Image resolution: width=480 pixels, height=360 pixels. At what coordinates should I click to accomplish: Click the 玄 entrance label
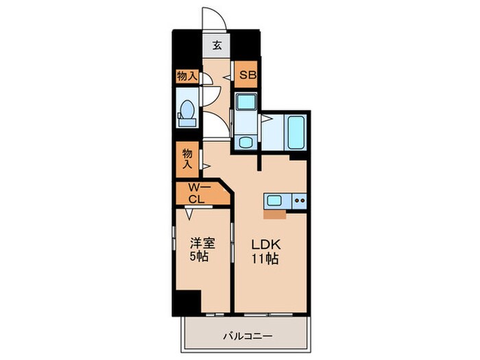[x=217, y=47]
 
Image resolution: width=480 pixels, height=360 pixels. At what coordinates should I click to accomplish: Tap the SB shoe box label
[x=247, y=75]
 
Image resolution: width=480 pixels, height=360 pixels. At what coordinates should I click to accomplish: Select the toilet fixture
[x=187, y=112]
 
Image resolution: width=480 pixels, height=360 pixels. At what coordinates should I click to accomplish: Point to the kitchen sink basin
[x=273, y=201]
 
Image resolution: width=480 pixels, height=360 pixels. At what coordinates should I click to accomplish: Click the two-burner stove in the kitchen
[x=299, y=201]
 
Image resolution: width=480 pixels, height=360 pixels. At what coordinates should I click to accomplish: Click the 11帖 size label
[x=265, y=260]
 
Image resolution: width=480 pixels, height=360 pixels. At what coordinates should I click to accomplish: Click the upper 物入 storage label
[x=187, y=76]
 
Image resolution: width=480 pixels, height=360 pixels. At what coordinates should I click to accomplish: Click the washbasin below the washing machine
[x=246, y=142]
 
